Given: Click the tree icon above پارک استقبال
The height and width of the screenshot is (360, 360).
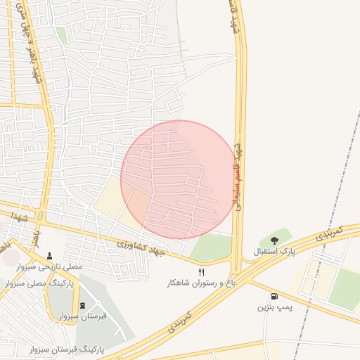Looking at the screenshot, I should (x=274, y=241).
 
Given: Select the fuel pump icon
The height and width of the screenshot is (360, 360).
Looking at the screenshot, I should (x=274, y=297).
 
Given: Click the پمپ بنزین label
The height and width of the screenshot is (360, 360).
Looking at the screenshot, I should (x=274, y=307).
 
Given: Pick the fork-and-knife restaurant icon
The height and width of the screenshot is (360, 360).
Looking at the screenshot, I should (x=202, y=273).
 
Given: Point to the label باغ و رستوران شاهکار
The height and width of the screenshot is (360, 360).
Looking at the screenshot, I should (x=199, y=283).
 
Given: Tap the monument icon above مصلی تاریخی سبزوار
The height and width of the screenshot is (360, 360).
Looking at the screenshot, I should (x=49, y=256).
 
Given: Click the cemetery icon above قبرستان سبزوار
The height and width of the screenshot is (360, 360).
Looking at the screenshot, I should (x=83, y=305).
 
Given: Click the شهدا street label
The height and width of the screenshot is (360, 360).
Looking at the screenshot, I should (x=19, y=219).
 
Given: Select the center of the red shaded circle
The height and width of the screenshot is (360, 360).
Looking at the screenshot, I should (x=179, y=179).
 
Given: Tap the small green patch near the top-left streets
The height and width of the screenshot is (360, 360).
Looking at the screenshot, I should (x=62, y=35).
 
